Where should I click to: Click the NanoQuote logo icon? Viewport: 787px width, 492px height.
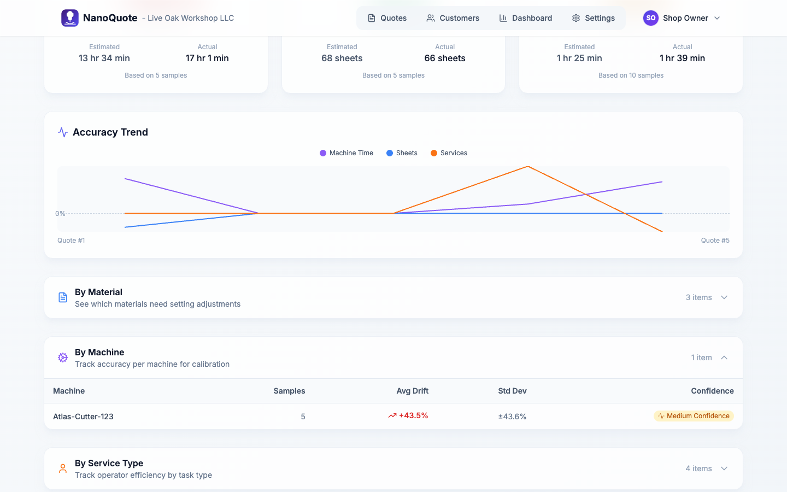(70, 18)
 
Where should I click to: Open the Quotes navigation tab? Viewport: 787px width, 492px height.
(387, 18)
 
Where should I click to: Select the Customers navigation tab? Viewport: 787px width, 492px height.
(453, 18)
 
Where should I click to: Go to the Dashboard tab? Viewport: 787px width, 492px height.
(525, 18)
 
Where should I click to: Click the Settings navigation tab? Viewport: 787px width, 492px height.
(593, 18)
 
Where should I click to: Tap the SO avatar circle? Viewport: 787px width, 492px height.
(650, 18)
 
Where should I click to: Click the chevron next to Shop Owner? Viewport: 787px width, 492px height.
(717, 18)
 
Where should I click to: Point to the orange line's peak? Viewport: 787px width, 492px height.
(528, 166)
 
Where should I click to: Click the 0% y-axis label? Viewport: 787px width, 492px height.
(60, 214)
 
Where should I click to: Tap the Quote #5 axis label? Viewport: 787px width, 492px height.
(715, 241)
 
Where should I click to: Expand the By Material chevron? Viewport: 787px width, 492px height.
(724, 297)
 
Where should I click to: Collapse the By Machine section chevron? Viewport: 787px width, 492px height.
(724, 358)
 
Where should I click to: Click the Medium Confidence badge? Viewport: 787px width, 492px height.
(694, 416)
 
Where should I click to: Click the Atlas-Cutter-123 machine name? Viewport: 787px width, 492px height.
(83, 417)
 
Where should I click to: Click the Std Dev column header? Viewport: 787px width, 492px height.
(512, 391)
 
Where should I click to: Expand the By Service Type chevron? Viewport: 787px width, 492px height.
(724, 468)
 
